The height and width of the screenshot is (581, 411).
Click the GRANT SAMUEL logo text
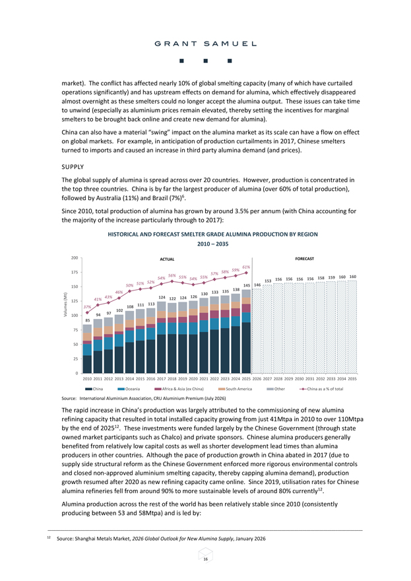[206, 44]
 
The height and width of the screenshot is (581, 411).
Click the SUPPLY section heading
[73, 167]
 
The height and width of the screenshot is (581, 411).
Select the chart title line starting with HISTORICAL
[212, 234]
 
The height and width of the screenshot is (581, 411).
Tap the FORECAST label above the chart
[304, 259]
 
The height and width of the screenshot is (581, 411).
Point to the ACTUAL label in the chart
[167, 259]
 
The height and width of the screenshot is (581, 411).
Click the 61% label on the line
[246, 267]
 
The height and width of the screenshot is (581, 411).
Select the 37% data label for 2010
[87, 307]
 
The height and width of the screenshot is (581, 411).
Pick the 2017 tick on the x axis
[162, 379]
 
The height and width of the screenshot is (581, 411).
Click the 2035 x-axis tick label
[352, 379]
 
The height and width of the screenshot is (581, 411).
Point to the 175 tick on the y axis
[75, 272]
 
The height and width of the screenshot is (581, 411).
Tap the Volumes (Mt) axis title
[65, 304]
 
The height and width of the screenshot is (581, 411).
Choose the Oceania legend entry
[129, 389]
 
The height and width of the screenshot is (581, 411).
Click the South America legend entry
[235, 389]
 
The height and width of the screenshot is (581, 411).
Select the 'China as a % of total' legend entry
[321, 389]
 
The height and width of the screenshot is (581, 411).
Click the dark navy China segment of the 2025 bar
[246, 347]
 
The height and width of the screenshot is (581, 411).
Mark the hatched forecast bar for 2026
[257, 331]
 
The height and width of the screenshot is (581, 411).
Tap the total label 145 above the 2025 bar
[247, 285]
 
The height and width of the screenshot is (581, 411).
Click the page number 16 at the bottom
[206, 559]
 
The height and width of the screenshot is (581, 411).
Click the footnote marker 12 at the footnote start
[49, 537]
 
